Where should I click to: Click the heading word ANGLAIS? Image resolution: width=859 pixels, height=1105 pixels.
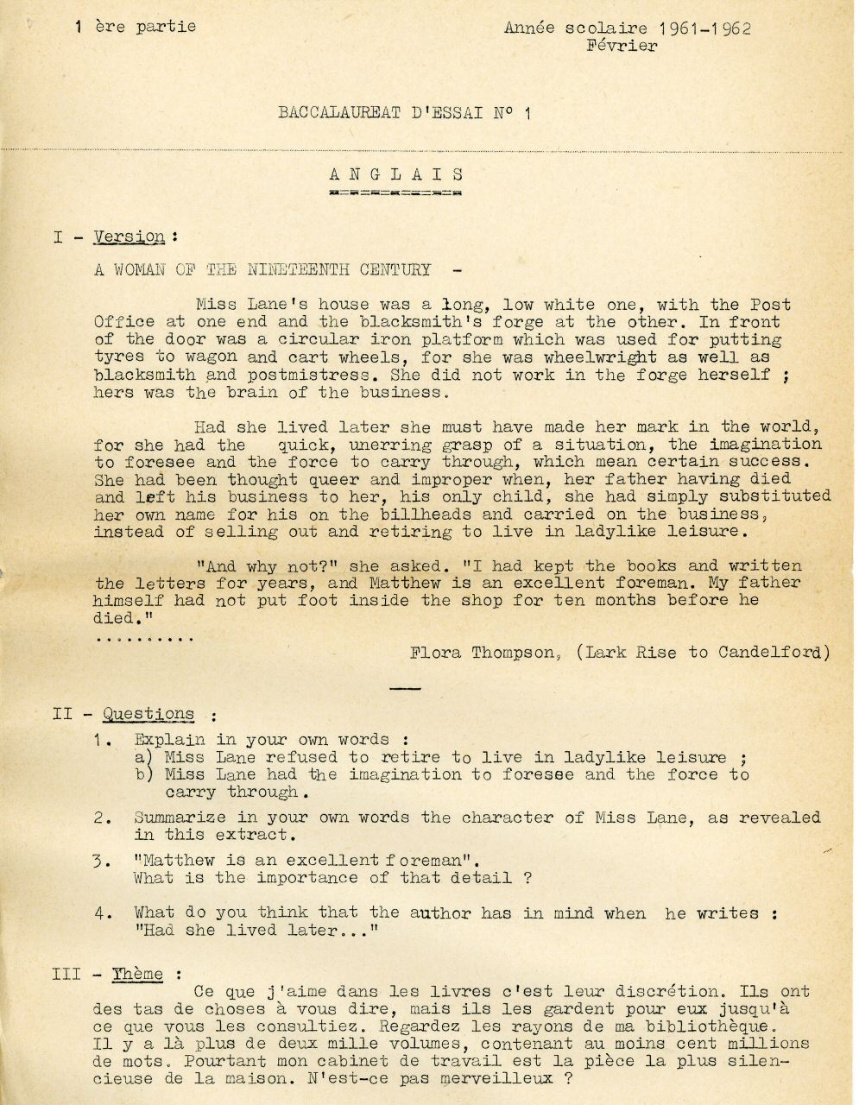point(396,174)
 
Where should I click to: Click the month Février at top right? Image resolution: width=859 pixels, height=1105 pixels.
point(622,46)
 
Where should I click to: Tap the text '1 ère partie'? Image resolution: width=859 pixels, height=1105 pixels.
point(136,26)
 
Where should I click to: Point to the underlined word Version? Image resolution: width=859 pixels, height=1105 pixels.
point(129,236)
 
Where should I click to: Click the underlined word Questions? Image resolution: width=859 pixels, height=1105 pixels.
point(148,714)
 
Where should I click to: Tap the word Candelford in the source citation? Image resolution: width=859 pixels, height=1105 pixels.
point(769,653)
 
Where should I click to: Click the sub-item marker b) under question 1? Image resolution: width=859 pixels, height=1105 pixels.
point(143,774)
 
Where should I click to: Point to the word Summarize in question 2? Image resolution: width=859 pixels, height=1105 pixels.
point(180,818)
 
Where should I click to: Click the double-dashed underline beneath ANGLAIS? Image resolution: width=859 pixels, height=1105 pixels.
point(396,193)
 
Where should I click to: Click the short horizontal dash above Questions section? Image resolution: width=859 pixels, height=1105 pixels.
point(406,688)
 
